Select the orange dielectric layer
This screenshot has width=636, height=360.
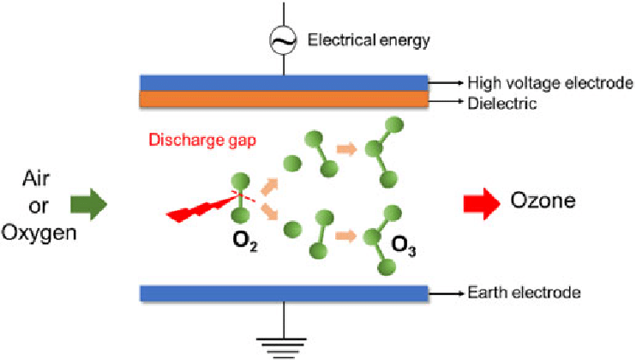tap(284, 99)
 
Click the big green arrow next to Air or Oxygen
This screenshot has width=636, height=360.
tap(88, 204)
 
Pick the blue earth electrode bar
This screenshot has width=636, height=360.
tap(284, 293)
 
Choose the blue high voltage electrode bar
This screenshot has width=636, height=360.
tap(284, 82)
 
